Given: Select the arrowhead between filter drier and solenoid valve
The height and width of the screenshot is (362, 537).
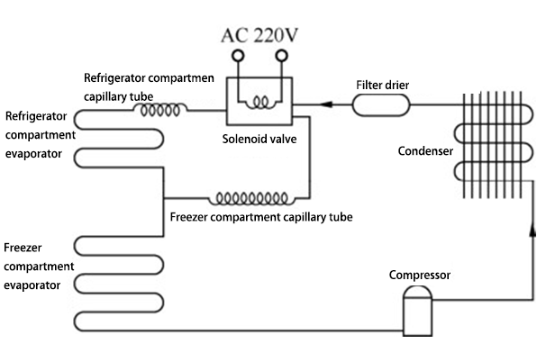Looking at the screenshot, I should (x=323, y=105).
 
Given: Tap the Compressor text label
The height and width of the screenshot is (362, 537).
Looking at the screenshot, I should (x=419, y=275).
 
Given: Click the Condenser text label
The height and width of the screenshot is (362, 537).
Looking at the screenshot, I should (x=425, y=151).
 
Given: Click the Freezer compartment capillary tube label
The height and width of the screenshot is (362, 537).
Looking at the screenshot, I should (x=260, y=218).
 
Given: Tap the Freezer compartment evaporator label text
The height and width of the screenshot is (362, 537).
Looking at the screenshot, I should (x=32, y=266).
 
